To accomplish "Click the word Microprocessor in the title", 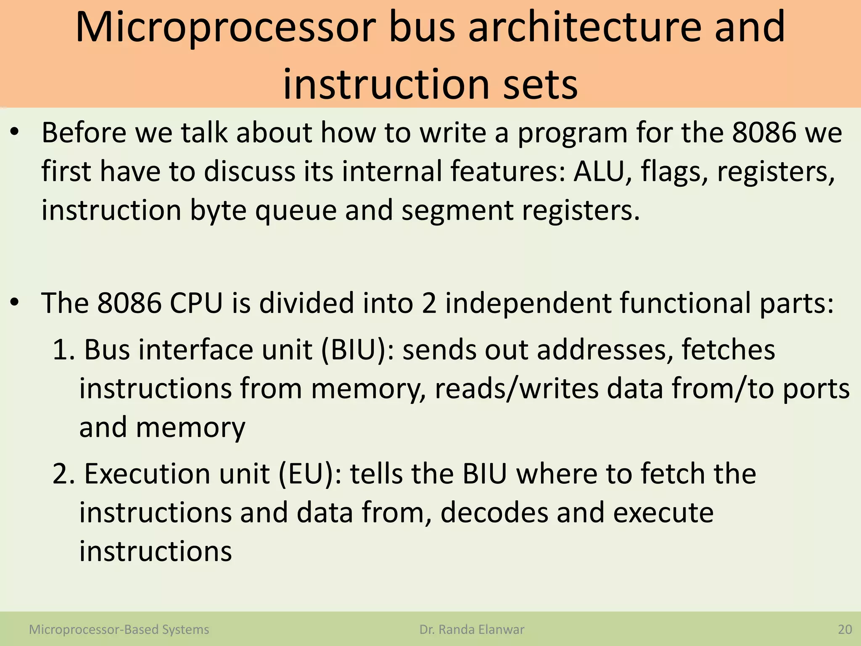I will (x=225, y=27).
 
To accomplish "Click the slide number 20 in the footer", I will (x=845, y=630).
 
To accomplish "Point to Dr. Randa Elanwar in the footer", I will (x=472, y=630).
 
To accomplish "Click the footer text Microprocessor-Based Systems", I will (x=119, y=630).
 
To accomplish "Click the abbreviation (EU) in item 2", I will (x=310, y=474).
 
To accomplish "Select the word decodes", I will (x=494, y=513).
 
